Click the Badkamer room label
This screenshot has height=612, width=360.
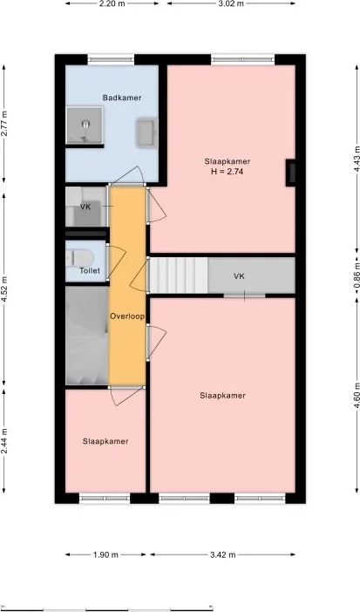pos(121,99)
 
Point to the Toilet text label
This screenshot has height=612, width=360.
pos(90,271)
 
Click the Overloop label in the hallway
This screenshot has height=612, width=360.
pos(126,316)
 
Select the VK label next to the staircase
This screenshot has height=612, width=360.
pos(239,276)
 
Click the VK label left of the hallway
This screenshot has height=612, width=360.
pos(85,207)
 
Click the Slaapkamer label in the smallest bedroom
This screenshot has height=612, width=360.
pos(105,441)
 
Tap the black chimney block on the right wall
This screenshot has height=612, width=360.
pos(291,173)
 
